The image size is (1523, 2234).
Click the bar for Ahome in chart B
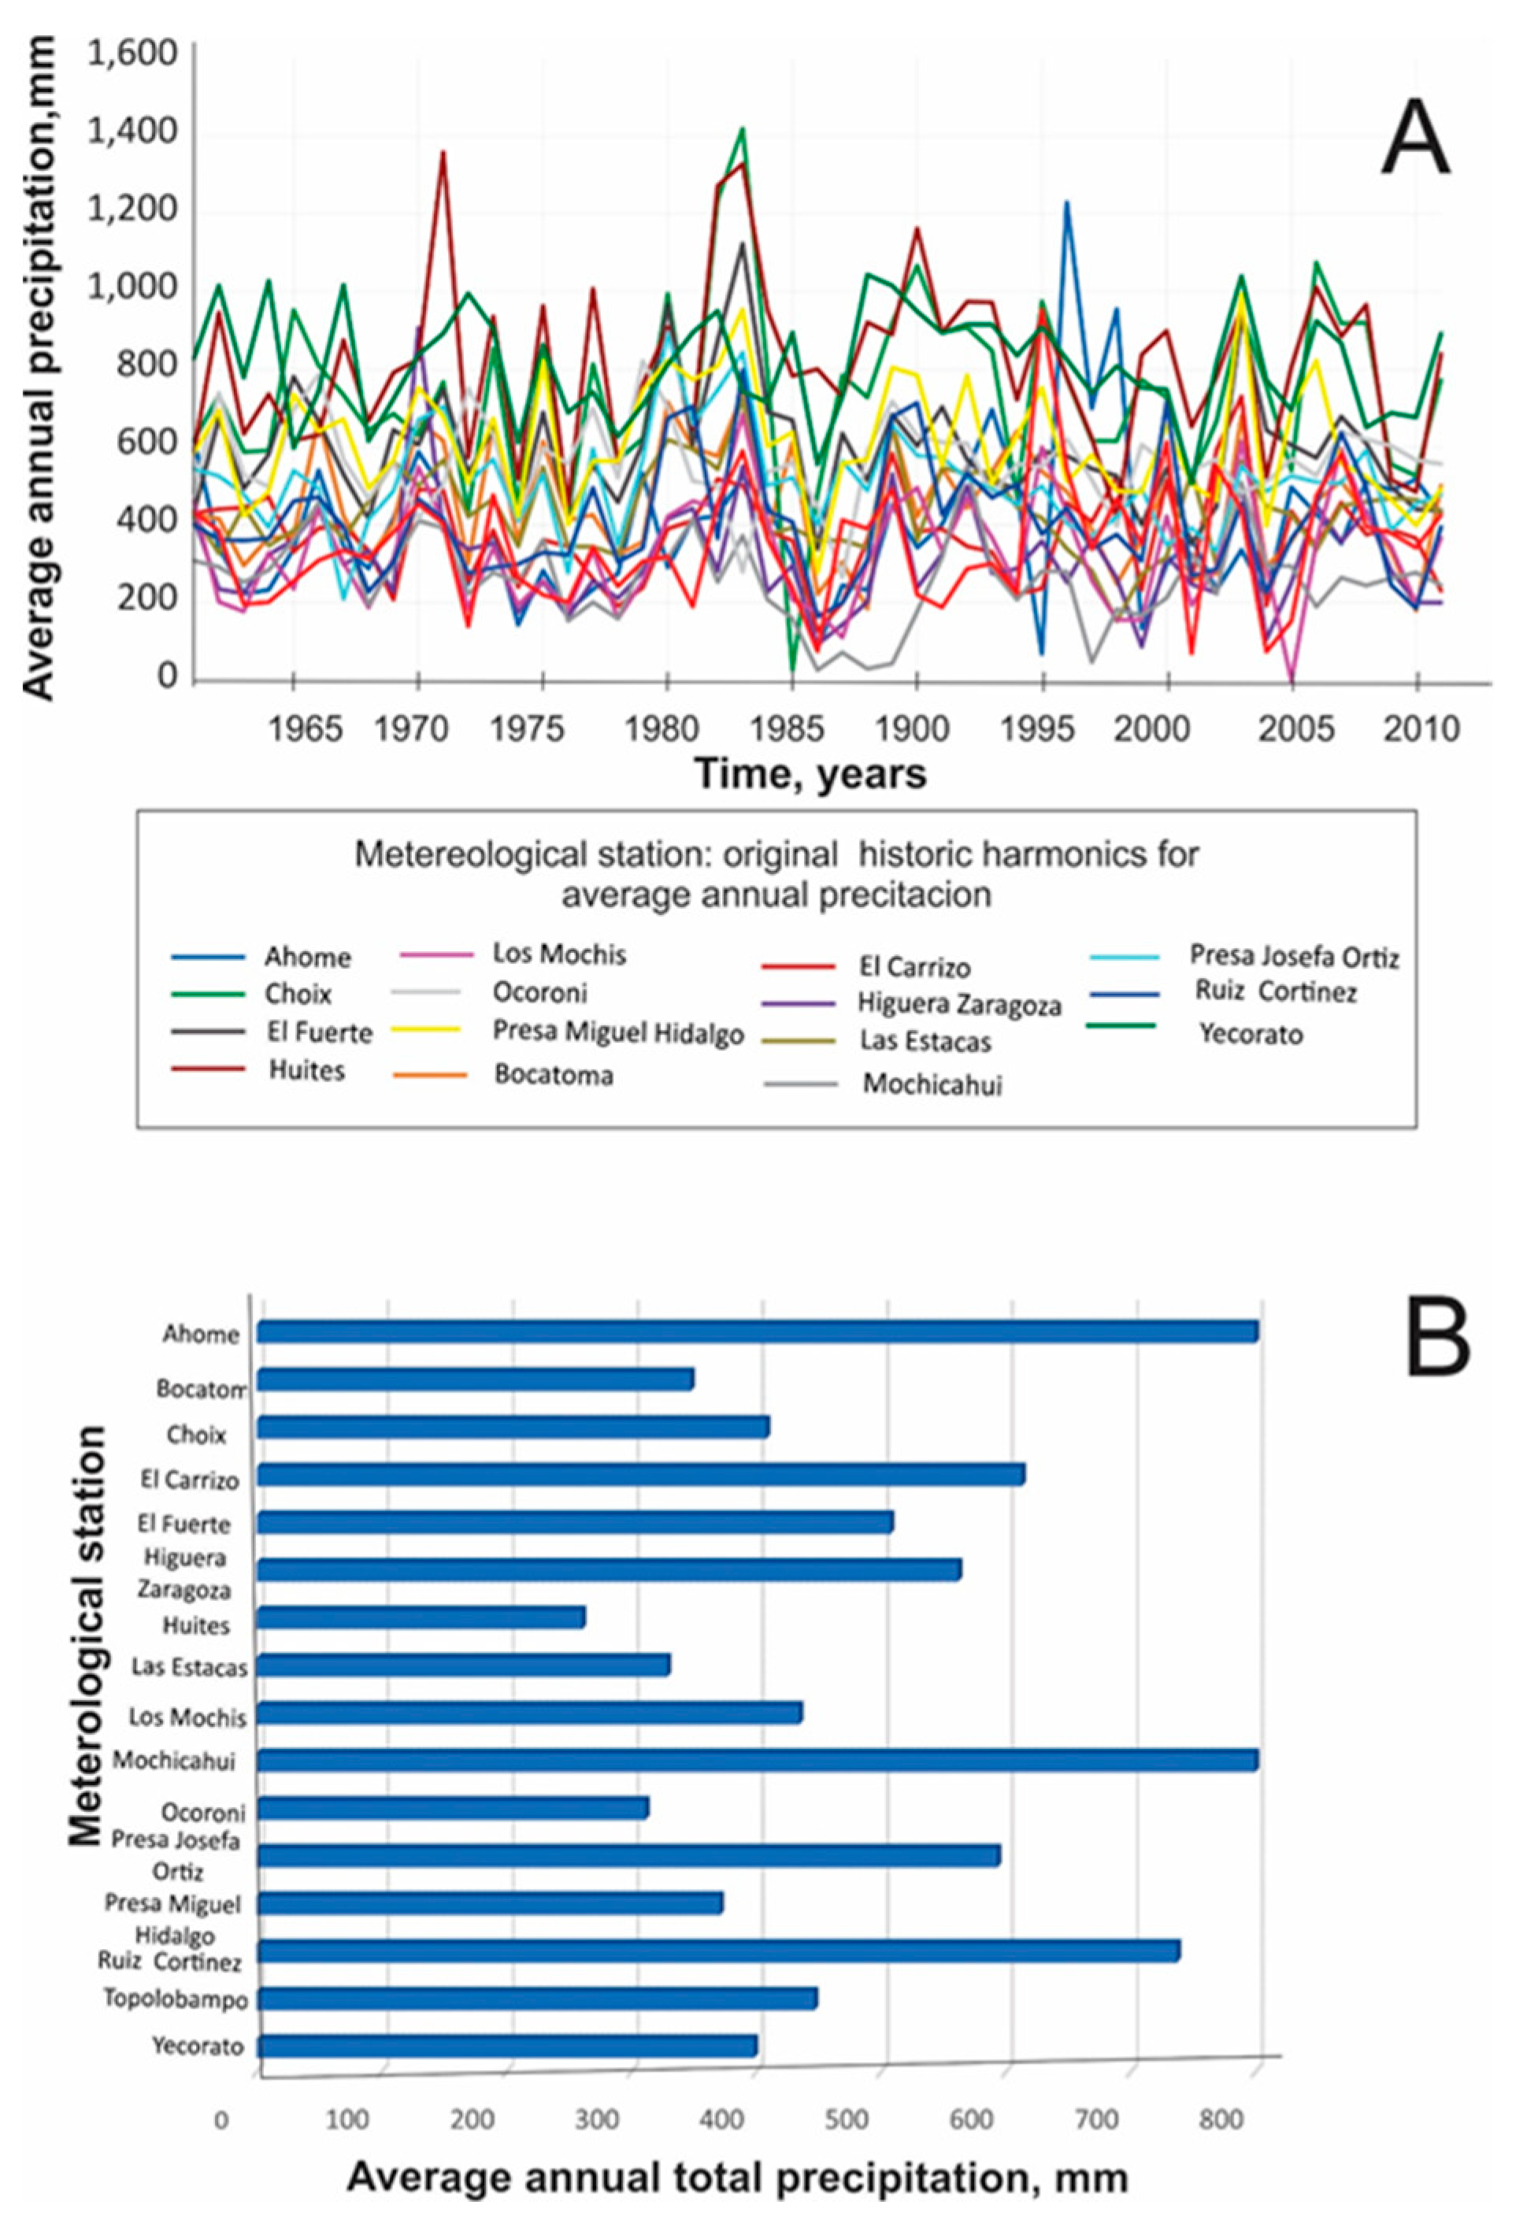(758, 1332)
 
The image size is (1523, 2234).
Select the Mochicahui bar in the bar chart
(758, 1760)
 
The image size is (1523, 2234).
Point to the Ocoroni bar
(453, 1808)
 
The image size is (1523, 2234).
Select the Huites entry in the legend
(306, 1070)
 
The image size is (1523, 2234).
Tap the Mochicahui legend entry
(931, 1084)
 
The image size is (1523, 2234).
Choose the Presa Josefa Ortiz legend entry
(1293, 957)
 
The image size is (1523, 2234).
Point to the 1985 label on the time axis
(791, 728)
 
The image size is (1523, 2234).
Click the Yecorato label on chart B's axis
(197, 2047)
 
